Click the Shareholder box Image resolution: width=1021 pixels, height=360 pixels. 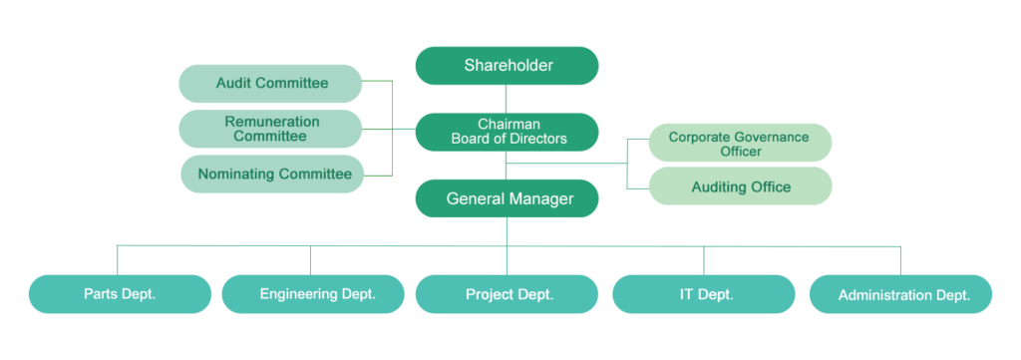pyautogui.click(x=507, y=66)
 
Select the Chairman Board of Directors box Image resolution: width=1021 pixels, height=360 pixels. pyautogui.click(x=507, y=132)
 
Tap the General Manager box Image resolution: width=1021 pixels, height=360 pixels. pyautogui.click(x=507, y=198)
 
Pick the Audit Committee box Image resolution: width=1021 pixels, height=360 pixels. pyautogui.click(x=270, y=84)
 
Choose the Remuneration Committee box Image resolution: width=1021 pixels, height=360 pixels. pyautogui.click(x=270, y=129)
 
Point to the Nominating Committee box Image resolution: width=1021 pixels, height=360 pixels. pyautogui.click(x=270, y=175)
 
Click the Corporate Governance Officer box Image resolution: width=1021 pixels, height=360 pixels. pyautogui.click(x=740, y=143)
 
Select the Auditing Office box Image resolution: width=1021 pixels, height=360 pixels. pyautogui.click(x=740, y=186)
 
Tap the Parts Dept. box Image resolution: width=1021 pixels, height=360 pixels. pyautogui.click(x=120, y=294)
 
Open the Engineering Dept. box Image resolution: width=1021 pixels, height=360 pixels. pyautogui.click(x=313, y=294)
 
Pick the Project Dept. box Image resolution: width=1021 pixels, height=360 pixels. pyautogui.click(x=507, y=294)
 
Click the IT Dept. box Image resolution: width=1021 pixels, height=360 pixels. pyautogui.click(x=703, y=294)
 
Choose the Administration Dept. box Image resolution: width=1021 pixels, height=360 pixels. pyautogui.click(x=901, y=295)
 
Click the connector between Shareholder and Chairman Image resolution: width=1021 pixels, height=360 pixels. pyautogui.click(x=507, y=99)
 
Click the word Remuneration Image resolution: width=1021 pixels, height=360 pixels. pyautogui.click(x=272, y=122)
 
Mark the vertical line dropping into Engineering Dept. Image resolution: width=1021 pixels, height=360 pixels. pyautogui.click(x=310, y=260)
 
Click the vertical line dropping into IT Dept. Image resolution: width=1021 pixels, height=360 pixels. pyautogui.click(x=704, y=260)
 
